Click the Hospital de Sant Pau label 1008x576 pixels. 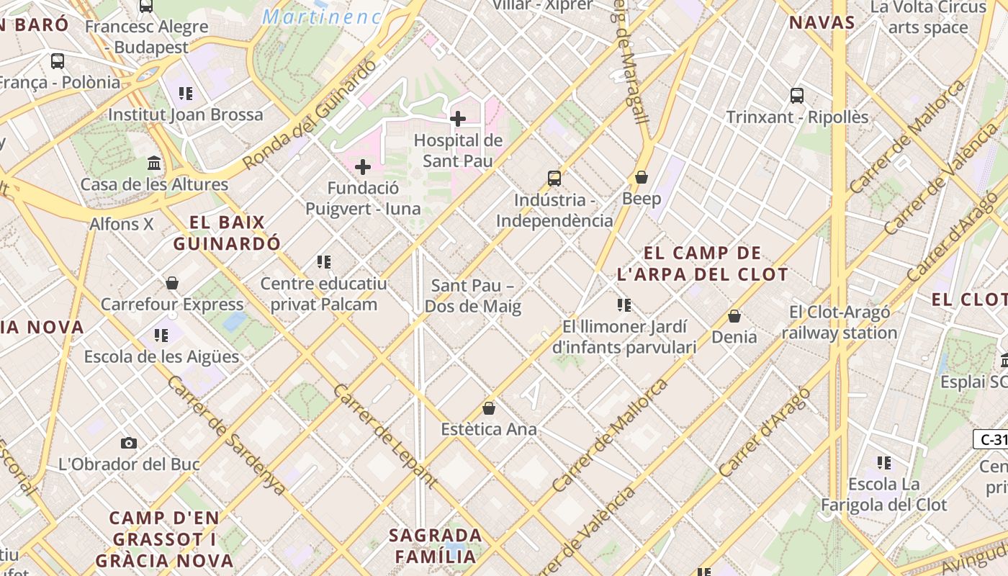pyautogui.click(x=458, y=150)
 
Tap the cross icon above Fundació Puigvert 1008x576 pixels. pyautogui.click(x=363, y=168)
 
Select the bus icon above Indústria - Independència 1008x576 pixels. pyautogui.click(x=554, y=178)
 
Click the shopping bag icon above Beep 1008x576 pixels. pyautogui.click(x=642, y=177)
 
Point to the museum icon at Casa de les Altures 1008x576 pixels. pyautogui.click(x=154, y=163)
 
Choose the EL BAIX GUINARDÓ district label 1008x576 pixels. pyautogui.click(x=227, y=233)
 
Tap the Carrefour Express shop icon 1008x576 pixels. pyautogui.click(x=171, y=283)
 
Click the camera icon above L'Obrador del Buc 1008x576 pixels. pyautogui.click(x=129, y=443)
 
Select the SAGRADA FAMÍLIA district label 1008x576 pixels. pyautogui.click(x=436, y=546)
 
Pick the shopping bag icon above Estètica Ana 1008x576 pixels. pyautogui.click(x=489, y=408)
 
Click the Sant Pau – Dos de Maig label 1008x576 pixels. pyautogui.click(x=472, y=296)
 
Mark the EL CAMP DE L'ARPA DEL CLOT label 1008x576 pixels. pyautogui.click(x=703, y=264)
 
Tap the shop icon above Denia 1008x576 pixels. pyautogui.click(x=734, y=315)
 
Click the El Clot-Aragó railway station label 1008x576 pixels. pyautogui.click(x=840, y=323)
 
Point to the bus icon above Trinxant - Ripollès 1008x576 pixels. pyautogui.click(x=797, y=96)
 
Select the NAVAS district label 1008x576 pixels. pyautogui.click(x=822, y=22)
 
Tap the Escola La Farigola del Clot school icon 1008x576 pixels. pyautogui.click(x=884, y=463)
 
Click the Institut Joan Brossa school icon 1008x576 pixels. pyautogui.click(x=186, y=94)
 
